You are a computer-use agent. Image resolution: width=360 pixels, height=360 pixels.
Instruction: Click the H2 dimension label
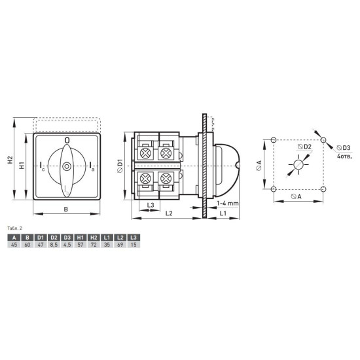10,160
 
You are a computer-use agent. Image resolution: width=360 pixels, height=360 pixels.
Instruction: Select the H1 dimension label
22,166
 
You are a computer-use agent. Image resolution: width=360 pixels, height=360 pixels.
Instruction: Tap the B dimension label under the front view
66,209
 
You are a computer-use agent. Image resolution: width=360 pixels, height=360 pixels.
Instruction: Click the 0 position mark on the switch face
67,140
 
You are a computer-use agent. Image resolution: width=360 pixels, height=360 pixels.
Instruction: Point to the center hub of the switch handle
67,166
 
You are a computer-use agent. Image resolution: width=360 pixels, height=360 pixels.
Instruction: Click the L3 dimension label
151,205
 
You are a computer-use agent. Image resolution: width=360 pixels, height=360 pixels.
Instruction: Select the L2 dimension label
169,213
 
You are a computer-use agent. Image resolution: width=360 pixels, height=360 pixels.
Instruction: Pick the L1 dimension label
223,213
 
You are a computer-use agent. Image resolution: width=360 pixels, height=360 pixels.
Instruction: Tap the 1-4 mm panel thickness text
228,203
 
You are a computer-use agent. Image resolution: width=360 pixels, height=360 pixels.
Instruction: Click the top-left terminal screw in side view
145,153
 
